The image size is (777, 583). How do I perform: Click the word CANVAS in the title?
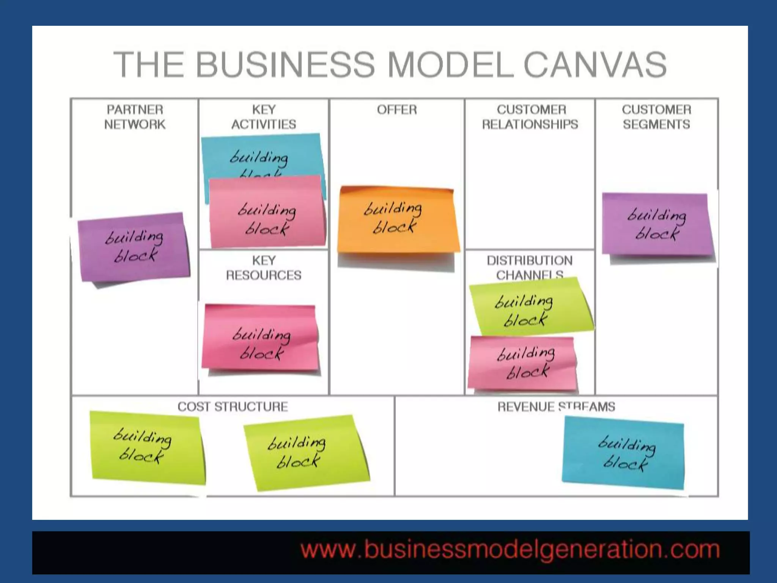pos(595,65)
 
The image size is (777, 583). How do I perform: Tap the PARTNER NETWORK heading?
pos(135,117)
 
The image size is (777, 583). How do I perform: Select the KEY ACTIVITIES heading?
pos(264,117)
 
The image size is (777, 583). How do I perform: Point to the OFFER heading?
pos(397,110)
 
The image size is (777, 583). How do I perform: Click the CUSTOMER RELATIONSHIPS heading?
pos(530,117)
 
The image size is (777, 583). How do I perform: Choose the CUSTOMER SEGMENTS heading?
pos(656,117)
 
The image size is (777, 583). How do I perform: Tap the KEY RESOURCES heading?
pos(264,268)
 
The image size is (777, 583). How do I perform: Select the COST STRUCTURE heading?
pos(233,407)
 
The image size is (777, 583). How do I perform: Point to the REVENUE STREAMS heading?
pos(556,407)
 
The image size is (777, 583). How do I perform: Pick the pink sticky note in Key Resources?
pos(260,338)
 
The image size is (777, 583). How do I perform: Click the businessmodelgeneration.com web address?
pos(510,550)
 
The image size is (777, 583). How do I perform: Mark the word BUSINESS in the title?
pos(285,65)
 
